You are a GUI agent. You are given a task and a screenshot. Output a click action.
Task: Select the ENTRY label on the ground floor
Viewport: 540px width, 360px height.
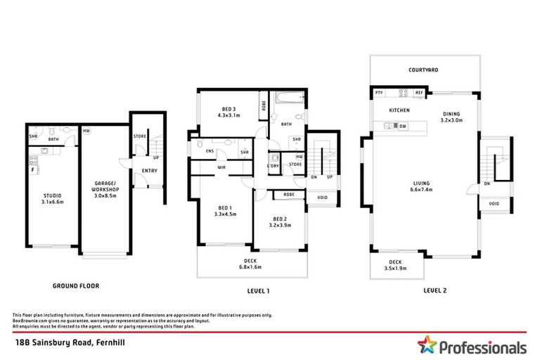pos(149,170)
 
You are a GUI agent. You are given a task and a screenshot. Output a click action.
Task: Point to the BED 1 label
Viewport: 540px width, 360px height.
pos(225,207)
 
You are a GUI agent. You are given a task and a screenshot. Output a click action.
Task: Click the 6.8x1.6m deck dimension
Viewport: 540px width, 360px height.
pos(251,267)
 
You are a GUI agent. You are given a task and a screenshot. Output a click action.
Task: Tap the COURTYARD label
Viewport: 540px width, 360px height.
pos(424,70)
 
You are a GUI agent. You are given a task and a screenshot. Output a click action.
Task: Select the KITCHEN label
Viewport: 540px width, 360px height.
pos(399,111)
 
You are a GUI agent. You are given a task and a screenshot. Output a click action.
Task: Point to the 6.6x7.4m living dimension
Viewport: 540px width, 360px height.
pos(422,190)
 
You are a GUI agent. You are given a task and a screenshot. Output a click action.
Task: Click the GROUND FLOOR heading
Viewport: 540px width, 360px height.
pos(76,286)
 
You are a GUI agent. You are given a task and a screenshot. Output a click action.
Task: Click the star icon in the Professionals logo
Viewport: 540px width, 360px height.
pos(426,346)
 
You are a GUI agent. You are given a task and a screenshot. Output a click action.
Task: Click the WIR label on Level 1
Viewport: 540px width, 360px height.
pos(221,167)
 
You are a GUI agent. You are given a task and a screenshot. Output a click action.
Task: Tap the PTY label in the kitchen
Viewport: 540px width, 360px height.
pos(378,93)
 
